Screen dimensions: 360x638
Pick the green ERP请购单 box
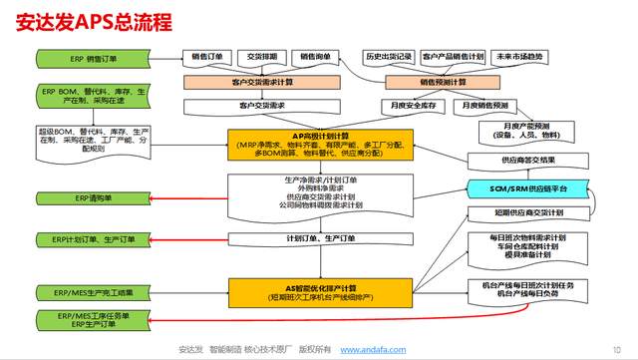click(80, 198)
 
